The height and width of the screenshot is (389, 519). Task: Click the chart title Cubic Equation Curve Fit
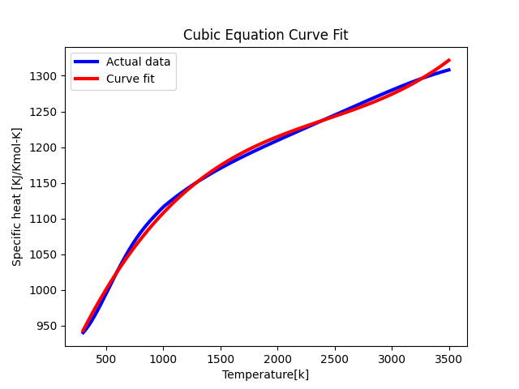click(266, 35)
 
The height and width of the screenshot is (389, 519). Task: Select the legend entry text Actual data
click(138, 62)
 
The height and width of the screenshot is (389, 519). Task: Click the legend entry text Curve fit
click(130, 79)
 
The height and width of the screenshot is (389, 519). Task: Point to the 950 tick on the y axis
click(48, 326)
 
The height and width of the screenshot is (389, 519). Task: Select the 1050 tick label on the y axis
click(45, 254)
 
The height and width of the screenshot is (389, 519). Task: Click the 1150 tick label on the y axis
click(45, 183)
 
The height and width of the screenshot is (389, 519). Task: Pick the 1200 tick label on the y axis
click(45, 147)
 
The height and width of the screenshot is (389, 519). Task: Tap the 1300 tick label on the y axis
click(45, 76)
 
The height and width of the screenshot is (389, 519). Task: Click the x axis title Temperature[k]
click(266, 374)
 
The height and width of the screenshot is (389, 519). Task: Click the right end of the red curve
click(448, 60)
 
